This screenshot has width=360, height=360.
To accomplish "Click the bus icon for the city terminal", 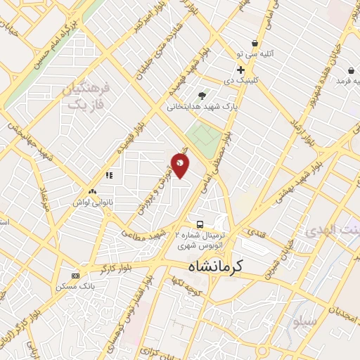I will pos(200,224).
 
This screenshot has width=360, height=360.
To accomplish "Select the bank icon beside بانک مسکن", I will pos(76,275).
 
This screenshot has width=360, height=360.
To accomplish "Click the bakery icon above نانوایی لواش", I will pos(92,191).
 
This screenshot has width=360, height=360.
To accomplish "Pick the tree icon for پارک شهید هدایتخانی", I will pos(202,96).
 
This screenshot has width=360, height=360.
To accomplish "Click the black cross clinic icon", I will pos(240,70).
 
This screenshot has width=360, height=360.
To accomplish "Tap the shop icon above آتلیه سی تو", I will pos(254,43).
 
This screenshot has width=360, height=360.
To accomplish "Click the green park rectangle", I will pos(204,136).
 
